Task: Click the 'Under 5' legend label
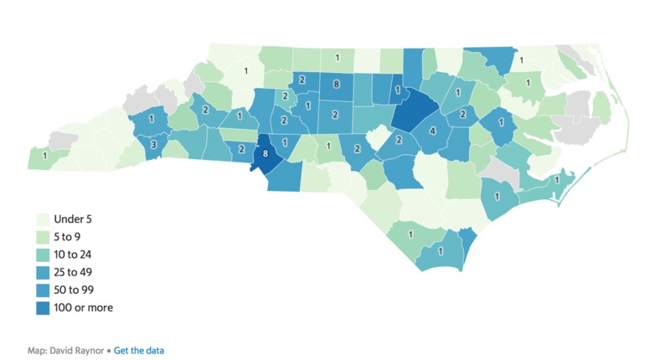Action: [73, 219]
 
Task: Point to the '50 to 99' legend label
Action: [75, 290]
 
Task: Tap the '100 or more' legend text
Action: [83, 307]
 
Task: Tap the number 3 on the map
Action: [153, 145]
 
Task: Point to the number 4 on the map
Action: [433, 131]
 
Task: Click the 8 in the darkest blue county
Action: [265, 154]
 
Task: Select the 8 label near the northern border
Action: [335, 84]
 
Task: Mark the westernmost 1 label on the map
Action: [44, 155]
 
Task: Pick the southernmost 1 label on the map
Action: [440, 251]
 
